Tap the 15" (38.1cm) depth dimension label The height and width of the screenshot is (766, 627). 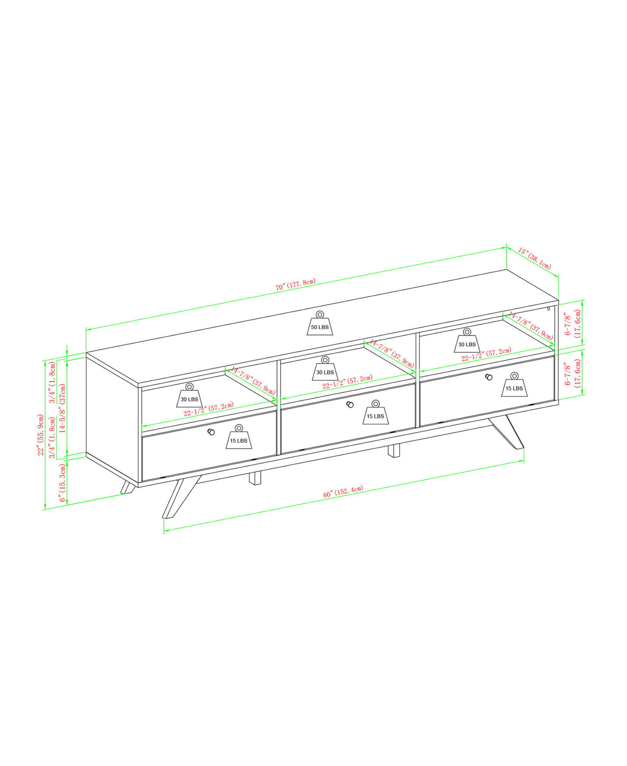535,259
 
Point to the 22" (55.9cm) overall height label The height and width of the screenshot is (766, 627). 41,435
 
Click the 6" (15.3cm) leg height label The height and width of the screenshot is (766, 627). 62,483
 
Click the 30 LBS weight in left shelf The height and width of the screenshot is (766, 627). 189,396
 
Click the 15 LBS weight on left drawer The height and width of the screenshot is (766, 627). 239,437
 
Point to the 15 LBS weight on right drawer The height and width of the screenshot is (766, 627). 514,385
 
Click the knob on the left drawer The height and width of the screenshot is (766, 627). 211,432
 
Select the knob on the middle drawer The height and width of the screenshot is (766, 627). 350,404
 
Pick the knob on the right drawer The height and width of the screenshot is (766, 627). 489,377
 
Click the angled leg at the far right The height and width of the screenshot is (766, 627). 507,432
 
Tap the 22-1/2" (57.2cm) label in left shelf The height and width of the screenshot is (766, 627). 208,409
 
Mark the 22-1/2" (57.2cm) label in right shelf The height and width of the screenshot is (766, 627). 485,355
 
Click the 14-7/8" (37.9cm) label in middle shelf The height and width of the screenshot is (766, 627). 391,353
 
